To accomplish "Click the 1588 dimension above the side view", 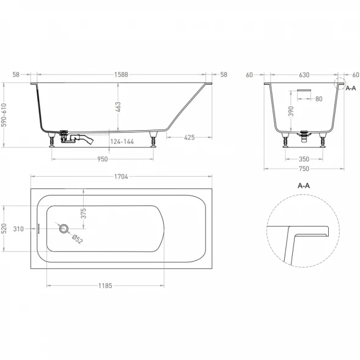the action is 121,75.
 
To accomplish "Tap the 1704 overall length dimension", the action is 121,177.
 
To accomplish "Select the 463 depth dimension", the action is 118,107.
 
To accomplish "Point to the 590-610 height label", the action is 4,115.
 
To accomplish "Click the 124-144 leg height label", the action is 122,141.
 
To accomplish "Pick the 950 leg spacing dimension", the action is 103,159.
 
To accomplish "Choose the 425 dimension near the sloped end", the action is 189,138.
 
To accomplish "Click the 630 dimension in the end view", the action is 304,75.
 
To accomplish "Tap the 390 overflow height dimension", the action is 291,111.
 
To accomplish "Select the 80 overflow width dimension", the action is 318,99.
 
